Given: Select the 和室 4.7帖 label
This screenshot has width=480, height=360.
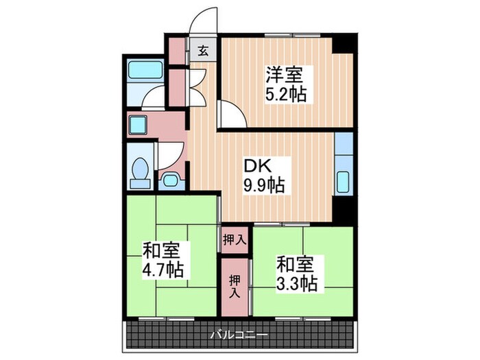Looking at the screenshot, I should (x=163, y=259).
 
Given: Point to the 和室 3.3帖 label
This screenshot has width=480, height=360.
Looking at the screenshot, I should (x=296, y=272).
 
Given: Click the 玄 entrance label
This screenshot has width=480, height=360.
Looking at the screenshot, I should (x=204, y=49).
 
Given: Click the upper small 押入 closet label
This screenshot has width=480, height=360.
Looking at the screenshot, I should (x=235, y=239).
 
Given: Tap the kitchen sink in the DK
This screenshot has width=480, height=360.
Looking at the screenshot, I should (x=343, y=180).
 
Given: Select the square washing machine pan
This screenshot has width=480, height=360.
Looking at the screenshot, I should (x=139, y=125).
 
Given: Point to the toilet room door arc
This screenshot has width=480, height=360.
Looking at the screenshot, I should (x=172, y=155).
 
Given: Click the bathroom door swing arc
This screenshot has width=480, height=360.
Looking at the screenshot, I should (x=155, y=97).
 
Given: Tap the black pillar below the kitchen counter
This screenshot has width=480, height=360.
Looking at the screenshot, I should (x=345, y=208).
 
